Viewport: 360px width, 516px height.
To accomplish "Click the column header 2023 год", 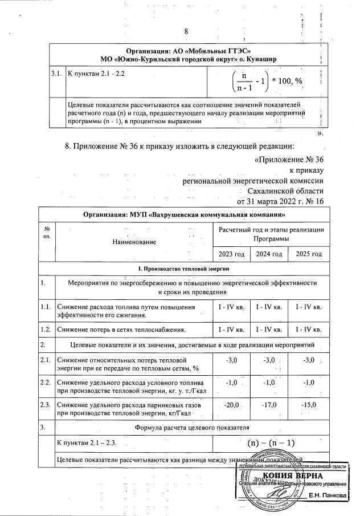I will tap(231, 254).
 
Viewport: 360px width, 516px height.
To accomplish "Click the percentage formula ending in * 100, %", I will tap(268, 81).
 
